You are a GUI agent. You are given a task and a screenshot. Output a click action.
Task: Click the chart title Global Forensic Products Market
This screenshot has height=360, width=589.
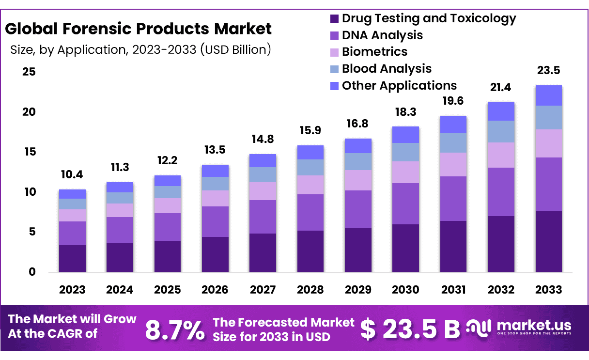point(138,29)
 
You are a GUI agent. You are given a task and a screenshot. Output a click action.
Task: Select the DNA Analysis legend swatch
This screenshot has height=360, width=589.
point(334,35)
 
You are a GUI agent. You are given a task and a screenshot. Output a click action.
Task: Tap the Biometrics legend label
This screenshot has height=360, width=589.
point(374,52)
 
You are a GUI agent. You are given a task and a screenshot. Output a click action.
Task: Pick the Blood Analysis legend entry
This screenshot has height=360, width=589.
point(386,69)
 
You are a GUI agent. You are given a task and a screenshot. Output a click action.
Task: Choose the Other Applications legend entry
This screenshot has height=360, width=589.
point(399,86)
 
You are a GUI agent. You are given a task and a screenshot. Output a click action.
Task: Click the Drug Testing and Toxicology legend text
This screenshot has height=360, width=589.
point(429,18)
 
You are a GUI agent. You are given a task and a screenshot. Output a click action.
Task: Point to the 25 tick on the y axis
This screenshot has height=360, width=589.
point(29,72)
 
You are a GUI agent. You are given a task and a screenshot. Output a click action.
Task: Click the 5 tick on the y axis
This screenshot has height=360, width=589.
point(32,232)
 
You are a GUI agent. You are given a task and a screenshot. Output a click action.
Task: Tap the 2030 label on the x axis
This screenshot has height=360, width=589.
point(405,290)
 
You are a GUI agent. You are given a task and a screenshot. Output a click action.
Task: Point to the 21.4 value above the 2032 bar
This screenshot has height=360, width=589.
point(501,87)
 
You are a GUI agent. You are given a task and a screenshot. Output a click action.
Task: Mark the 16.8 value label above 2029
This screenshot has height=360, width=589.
point(358,124)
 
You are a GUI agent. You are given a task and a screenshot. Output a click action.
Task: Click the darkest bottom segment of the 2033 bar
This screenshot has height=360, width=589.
point(548,241)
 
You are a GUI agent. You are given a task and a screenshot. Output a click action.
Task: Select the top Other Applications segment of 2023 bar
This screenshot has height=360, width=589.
point(72,194)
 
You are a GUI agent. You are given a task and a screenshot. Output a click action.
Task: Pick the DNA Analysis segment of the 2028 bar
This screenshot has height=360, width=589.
point(310,212)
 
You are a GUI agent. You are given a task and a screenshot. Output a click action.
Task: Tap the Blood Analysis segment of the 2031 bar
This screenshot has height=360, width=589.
point(453,142)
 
